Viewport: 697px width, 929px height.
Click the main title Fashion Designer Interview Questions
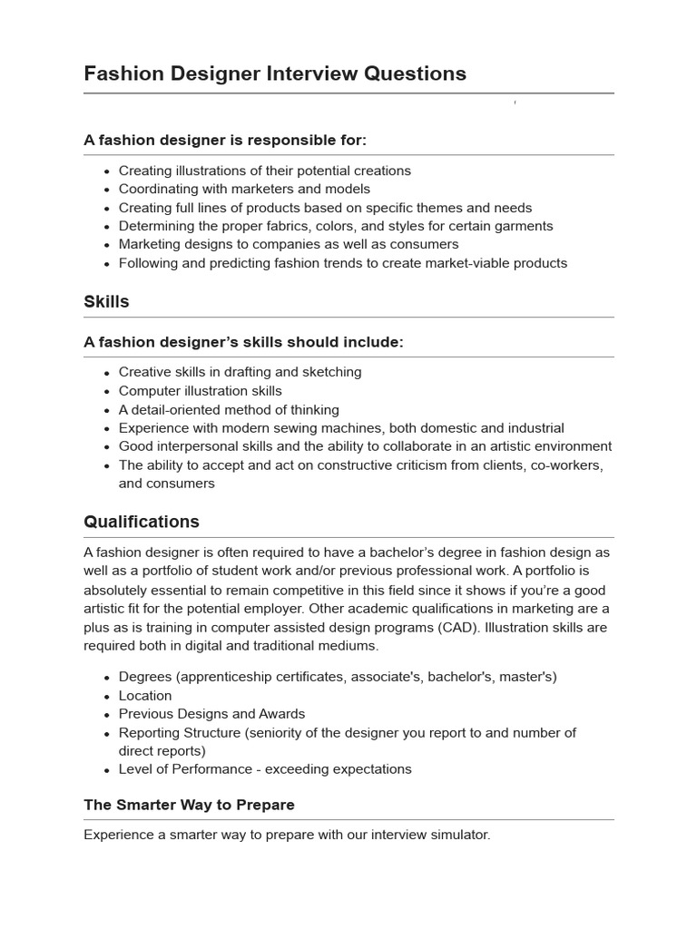click(275, 73)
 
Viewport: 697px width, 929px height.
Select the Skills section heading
click(106, 302)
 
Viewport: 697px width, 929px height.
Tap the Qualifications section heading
click(142, 522)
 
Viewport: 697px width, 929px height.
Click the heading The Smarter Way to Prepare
click(189, 805)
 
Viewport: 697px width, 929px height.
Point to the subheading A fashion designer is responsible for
click(225, 140)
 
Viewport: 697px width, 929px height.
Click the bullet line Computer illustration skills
click(200, 390)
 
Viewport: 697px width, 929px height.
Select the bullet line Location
click(145, 695)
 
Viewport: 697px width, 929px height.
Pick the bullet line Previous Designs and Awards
click(211, 713)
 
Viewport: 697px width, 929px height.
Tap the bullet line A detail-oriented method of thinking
click(229, 409)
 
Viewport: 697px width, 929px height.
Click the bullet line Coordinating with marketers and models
click(244, 189)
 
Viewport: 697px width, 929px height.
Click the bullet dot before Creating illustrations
click(106, 171)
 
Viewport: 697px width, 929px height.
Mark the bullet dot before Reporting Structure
click(106, 733)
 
